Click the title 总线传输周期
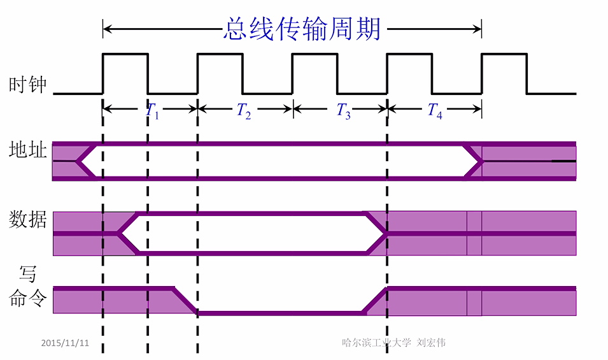(x=302, y=29)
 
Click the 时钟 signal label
(x=28, y=85)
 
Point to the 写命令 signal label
(x=27, y=287)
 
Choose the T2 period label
(x=244, y=111)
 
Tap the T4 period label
(x=435, y=111)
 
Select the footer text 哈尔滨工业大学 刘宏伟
(x=393, y=343)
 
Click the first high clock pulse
(x=125, y=55)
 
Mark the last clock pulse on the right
(x=504, y=55)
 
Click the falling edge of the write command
(x=185, y=301)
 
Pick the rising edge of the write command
(x=375, y=301)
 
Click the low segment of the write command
(x=280, y=313)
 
